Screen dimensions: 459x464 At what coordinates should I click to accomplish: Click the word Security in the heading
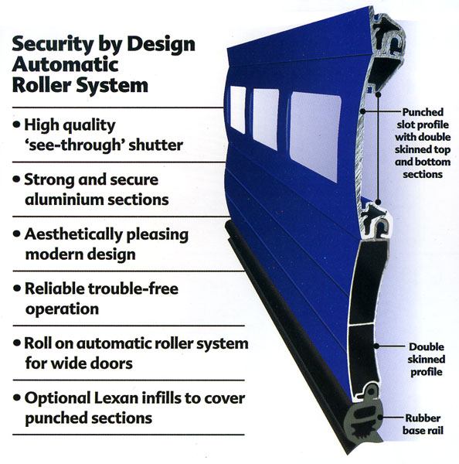point(53,45)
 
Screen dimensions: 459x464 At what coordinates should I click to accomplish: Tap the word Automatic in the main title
point(65,64)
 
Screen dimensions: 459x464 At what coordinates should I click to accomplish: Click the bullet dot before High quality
point(17,125)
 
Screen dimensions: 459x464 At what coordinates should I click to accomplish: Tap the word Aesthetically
point(73,235)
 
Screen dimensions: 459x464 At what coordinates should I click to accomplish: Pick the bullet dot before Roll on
point(17,343)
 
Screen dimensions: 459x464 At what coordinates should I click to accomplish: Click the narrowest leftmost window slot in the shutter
point(238,110)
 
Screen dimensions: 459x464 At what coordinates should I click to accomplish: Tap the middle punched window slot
point(266,119)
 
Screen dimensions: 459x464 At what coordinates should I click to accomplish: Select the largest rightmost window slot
point(315,136)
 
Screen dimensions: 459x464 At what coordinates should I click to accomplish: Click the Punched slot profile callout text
point(423,143)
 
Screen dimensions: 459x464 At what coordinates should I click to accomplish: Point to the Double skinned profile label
point(427,360)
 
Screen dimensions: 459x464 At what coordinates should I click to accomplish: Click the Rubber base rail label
point(423,425)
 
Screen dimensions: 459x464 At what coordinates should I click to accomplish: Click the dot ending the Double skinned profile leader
point(376,346)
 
